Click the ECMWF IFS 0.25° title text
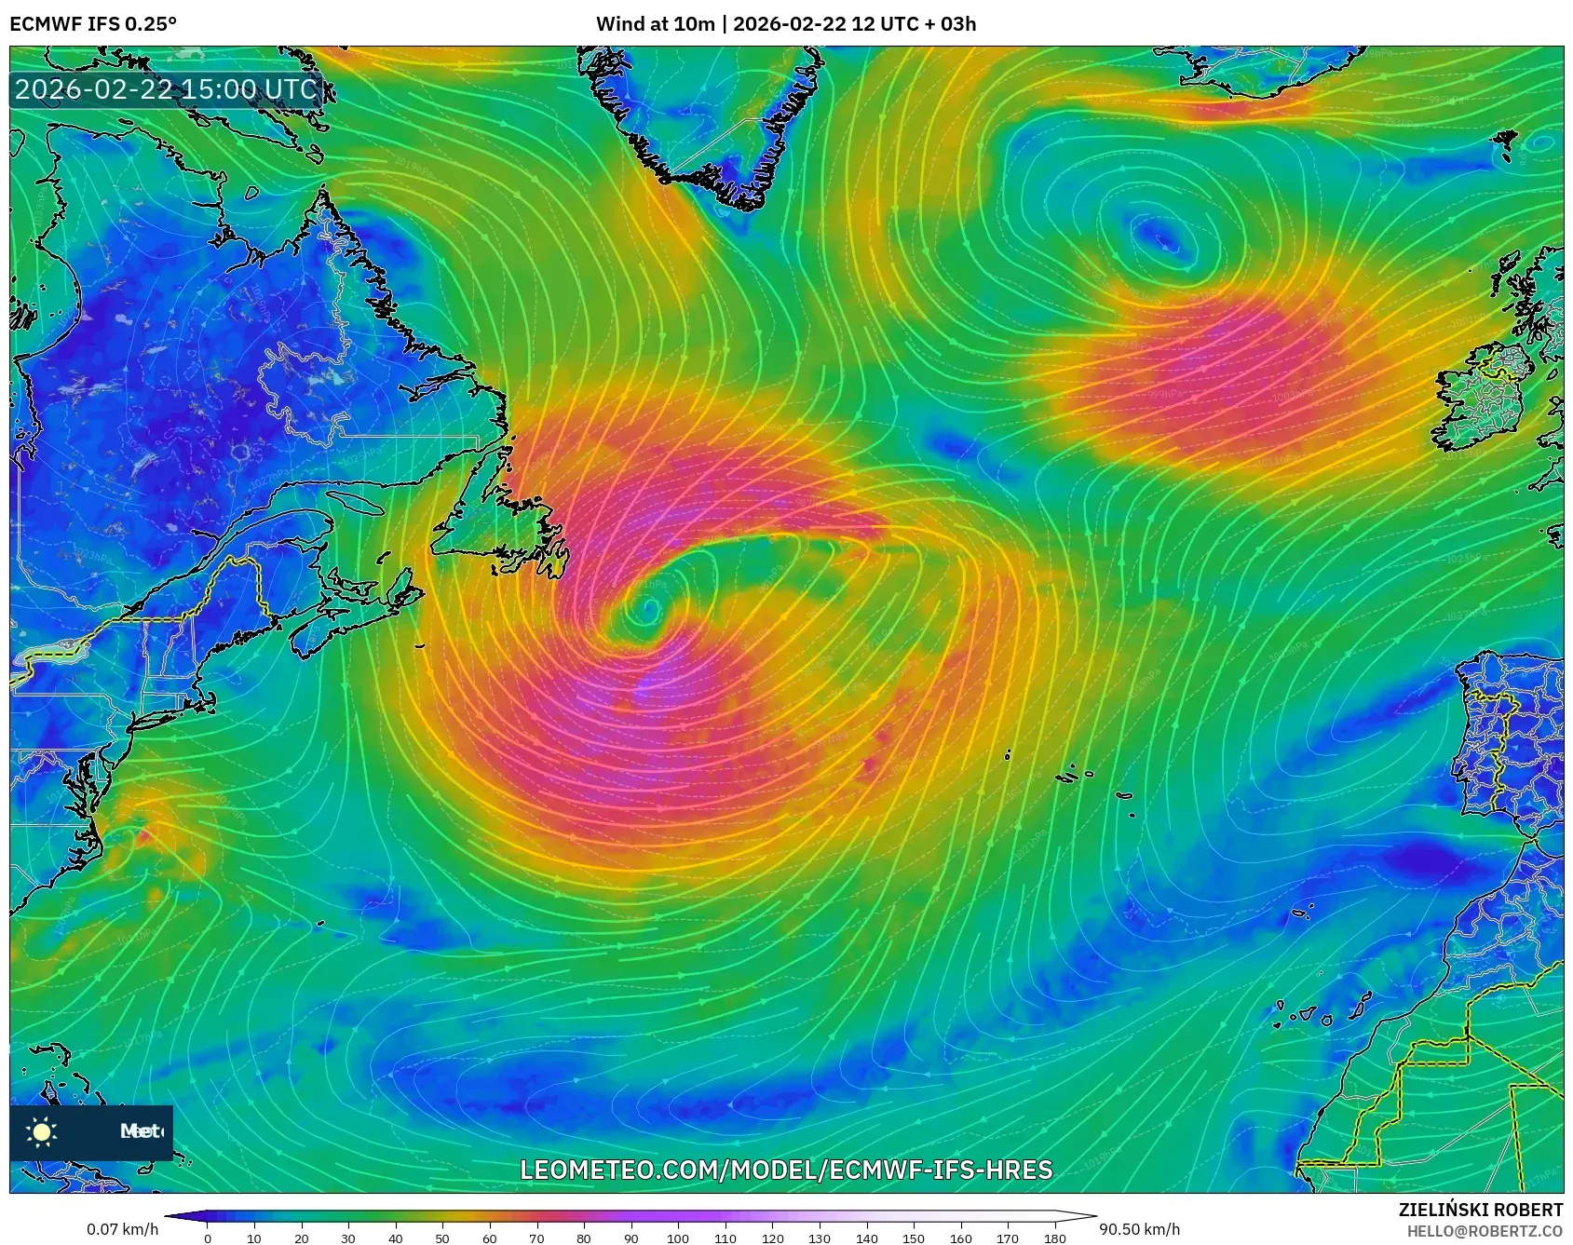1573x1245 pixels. coord(93,23)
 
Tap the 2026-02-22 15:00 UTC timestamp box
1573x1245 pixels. coord(166,89)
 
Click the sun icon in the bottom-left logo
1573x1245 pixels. coord(42,1131)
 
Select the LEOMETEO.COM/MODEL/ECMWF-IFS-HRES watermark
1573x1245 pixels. coord(786,1170)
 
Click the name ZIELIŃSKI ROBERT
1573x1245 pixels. coord(1481,1210)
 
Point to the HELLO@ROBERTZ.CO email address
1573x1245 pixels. coord(1485,1231)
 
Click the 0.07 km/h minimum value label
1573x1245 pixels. coord(123,1229)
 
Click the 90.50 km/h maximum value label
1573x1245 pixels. coord(1139,1229)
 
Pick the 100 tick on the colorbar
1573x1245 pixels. coord(678,1238)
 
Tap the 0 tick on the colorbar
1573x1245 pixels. coord(207,1238)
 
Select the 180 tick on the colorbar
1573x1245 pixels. coord(1055,1238)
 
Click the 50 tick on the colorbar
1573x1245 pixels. coord(442,1238)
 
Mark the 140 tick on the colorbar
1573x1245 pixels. coord(866,1238)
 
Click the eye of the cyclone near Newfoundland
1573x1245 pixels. coord(648,610)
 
